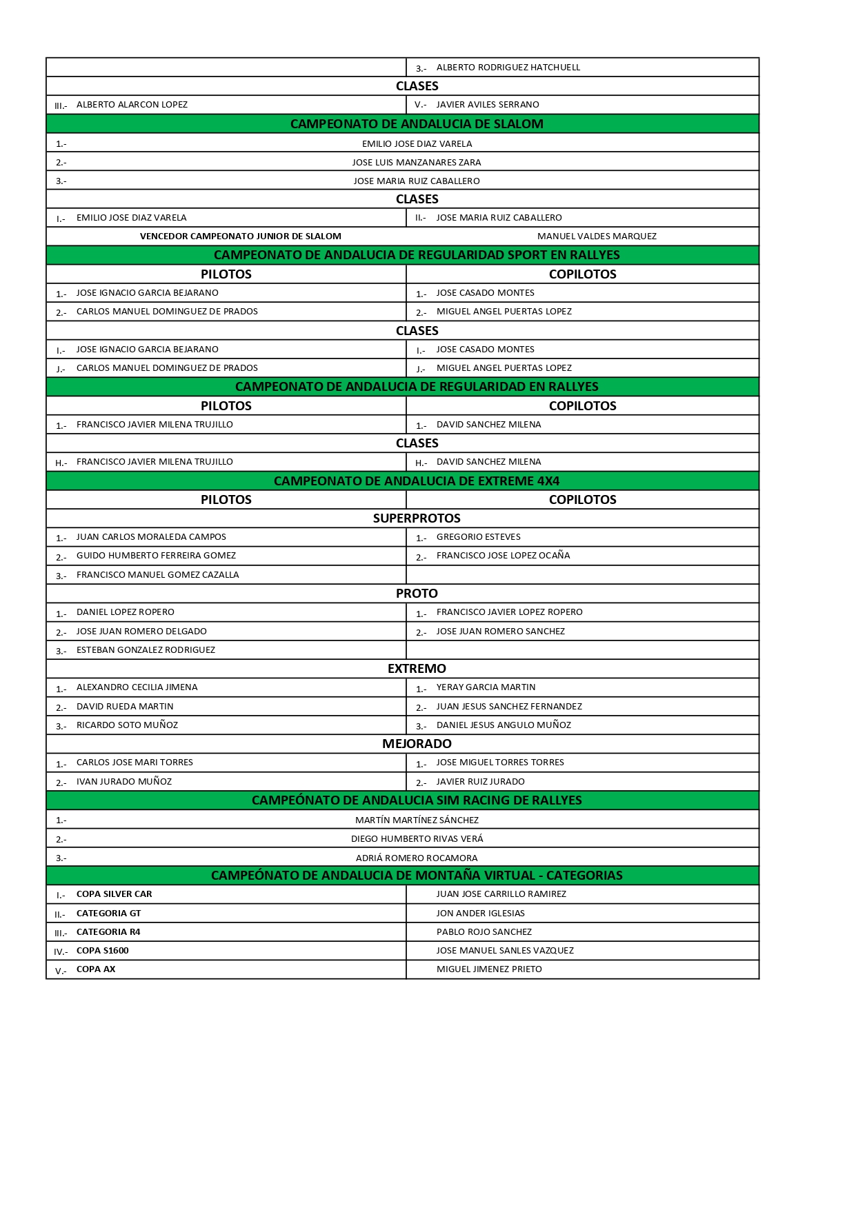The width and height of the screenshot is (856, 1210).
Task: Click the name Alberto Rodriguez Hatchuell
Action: coord(508,68)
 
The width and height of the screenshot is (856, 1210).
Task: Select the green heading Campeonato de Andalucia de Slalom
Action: coord(417,124)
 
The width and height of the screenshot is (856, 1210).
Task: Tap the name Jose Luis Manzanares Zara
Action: coord(417,163)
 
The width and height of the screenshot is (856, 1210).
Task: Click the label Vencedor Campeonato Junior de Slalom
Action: coord(240,236)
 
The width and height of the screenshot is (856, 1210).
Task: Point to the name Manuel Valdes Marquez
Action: coord(597,236)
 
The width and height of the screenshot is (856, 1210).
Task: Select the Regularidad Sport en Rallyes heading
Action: coord(417,255)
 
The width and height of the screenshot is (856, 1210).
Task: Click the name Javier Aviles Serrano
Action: coord(488,105)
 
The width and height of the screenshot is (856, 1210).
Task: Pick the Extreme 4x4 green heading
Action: coord(417,481)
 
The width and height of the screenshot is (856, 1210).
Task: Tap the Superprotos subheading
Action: coord(417,518)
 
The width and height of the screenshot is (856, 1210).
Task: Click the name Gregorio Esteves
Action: coord(478,537)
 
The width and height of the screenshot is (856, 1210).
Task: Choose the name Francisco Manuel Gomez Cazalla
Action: coord(157,575)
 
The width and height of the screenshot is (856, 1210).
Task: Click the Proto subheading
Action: coord(417,594)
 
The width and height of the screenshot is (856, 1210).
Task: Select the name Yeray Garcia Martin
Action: coord(486,687)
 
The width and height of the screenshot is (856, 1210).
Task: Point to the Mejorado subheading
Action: coord(417,744)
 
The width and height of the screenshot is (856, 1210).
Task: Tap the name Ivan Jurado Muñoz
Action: coord(124,782)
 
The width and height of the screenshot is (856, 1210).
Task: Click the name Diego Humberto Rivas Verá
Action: coord(417,839)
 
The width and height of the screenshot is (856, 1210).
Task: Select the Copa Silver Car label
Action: coord(114,894)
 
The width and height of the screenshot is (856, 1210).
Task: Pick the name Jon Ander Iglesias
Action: coord(480,914)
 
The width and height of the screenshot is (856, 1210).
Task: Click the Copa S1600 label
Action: coord(102,951)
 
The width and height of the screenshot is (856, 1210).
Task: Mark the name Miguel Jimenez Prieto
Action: coord(489,969)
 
